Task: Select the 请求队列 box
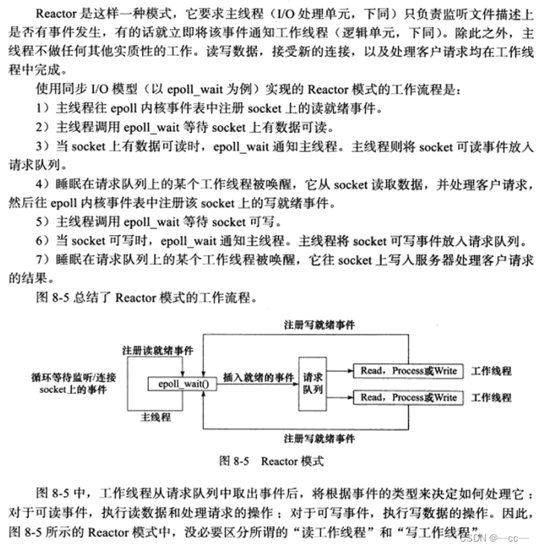pos(312,384)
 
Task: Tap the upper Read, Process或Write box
pos(408,370)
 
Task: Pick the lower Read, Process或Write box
pos(408,398)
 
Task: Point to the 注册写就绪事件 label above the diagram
pos(320,325)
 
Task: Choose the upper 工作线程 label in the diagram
pos(492,370)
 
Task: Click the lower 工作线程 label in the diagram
pos(492,398)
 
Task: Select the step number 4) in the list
pos(42,184)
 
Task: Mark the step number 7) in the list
pos(42,260)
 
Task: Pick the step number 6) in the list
pos(42,241)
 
